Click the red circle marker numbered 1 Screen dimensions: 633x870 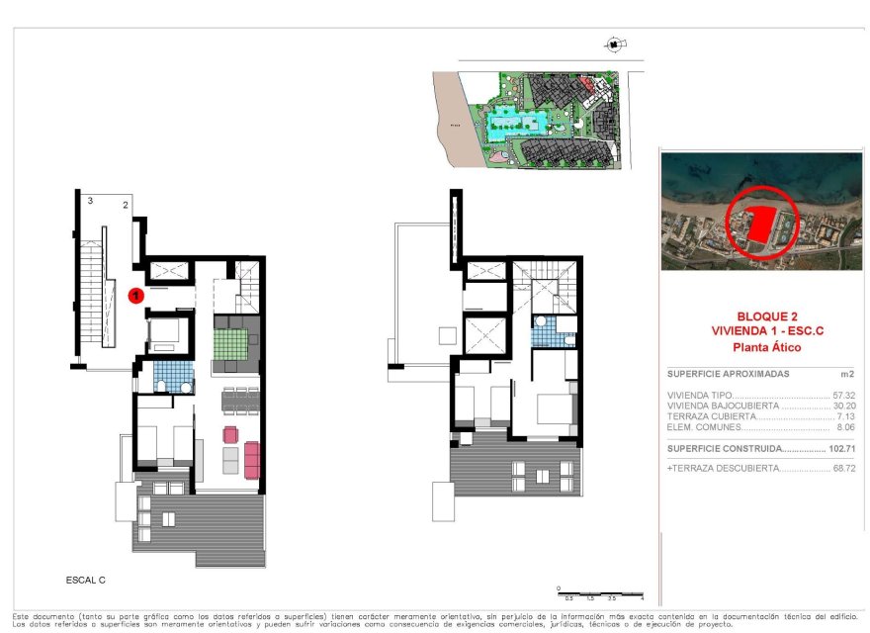coord(137,294)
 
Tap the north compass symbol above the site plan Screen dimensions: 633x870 coord(614,44)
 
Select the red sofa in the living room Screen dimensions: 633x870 coord(251,458)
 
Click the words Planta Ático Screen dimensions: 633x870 coord(759,347)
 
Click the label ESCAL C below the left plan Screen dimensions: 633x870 coord(86,579)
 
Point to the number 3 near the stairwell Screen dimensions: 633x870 coord(90,201)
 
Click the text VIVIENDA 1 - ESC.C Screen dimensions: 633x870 coord(757,330)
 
